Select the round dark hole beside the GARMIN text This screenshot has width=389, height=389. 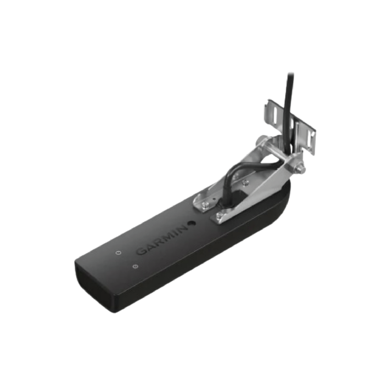click(x=190, y=223)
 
